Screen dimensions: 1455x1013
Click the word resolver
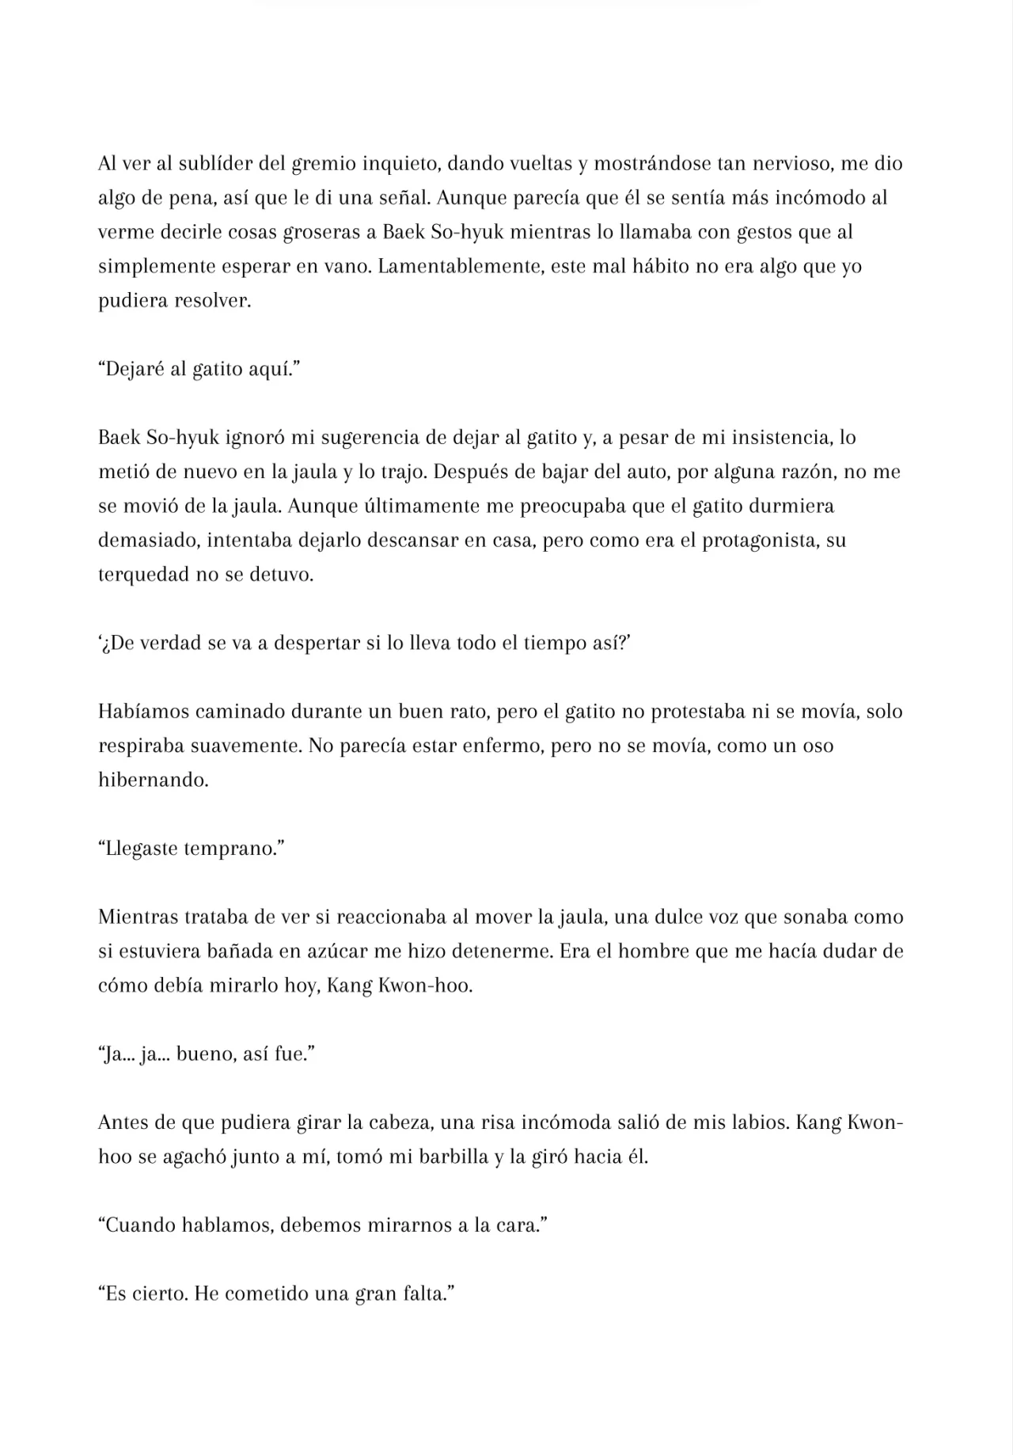pos(211,301)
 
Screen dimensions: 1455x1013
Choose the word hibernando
pos(153,779)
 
